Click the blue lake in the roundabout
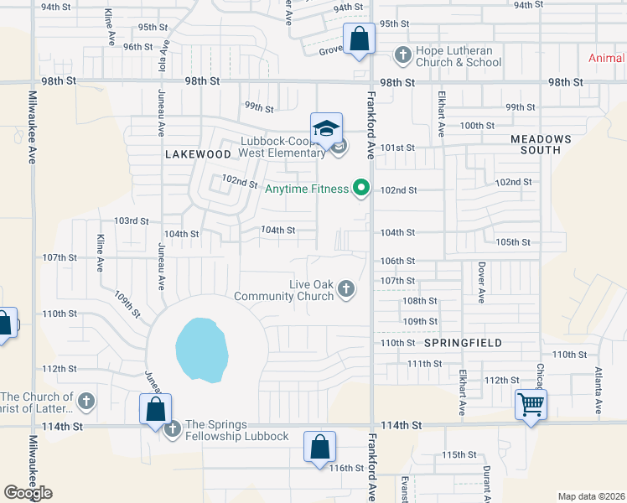201,348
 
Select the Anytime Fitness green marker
361,188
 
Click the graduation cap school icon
326,128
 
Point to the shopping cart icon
531,405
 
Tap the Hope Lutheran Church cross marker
402,55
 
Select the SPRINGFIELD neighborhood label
463,343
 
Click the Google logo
28,493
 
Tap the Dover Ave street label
482,283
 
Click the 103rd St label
132,221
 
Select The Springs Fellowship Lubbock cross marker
173,430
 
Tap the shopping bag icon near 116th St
320,447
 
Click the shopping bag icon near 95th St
358,39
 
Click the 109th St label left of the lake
127,303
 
